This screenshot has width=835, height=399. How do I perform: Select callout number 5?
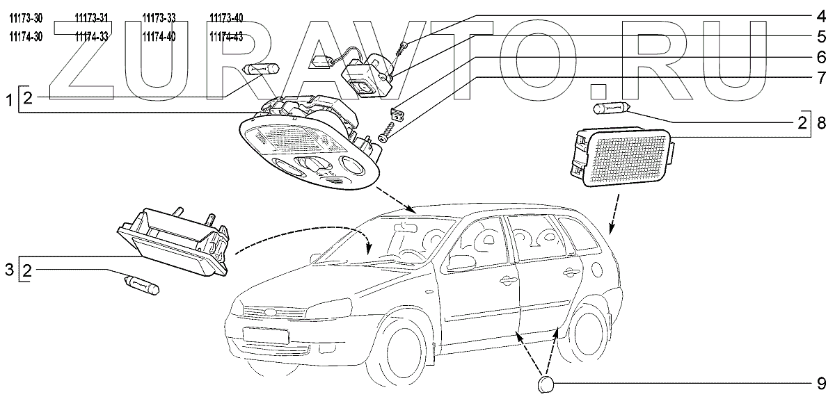[x=820, y=35]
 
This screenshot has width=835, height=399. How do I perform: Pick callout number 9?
[x=820, y=383]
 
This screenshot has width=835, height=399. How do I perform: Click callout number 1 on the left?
[x=10, y=102]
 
